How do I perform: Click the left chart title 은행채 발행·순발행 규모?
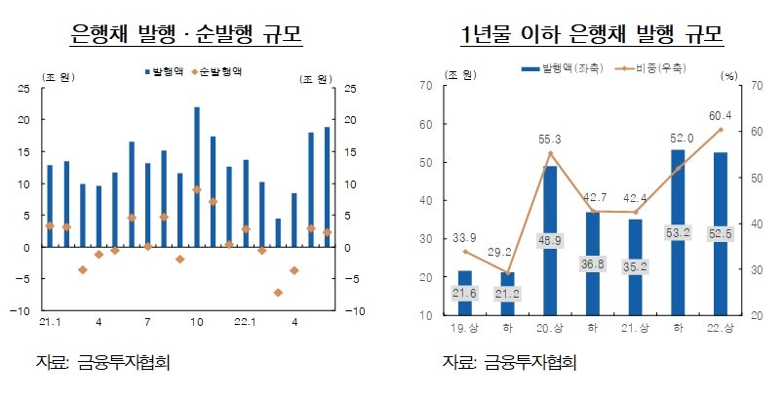point(186,36)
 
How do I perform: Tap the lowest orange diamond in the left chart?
point(278,292)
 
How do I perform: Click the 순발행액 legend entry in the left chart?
point(216,71)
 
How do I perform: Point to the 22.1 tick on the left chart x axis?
point(245,321)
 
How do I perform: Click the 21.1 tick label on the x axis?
point(50,321)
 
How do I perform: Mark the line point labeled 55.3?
point(550,153)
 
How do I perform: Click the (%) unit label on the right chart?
point(729,75)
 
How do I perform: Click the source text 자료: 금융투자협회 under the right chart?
point(509,362)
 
